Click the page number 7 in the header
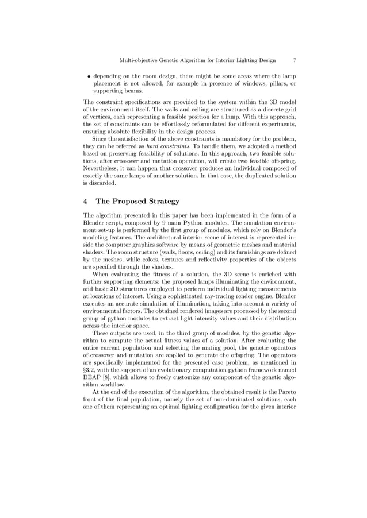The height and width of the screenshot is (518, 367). (295, 60)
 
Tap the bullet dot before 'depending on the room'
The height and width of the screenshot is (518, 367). (88, 75)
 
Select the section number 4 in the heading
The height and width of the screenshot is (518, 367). (86, 201)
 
